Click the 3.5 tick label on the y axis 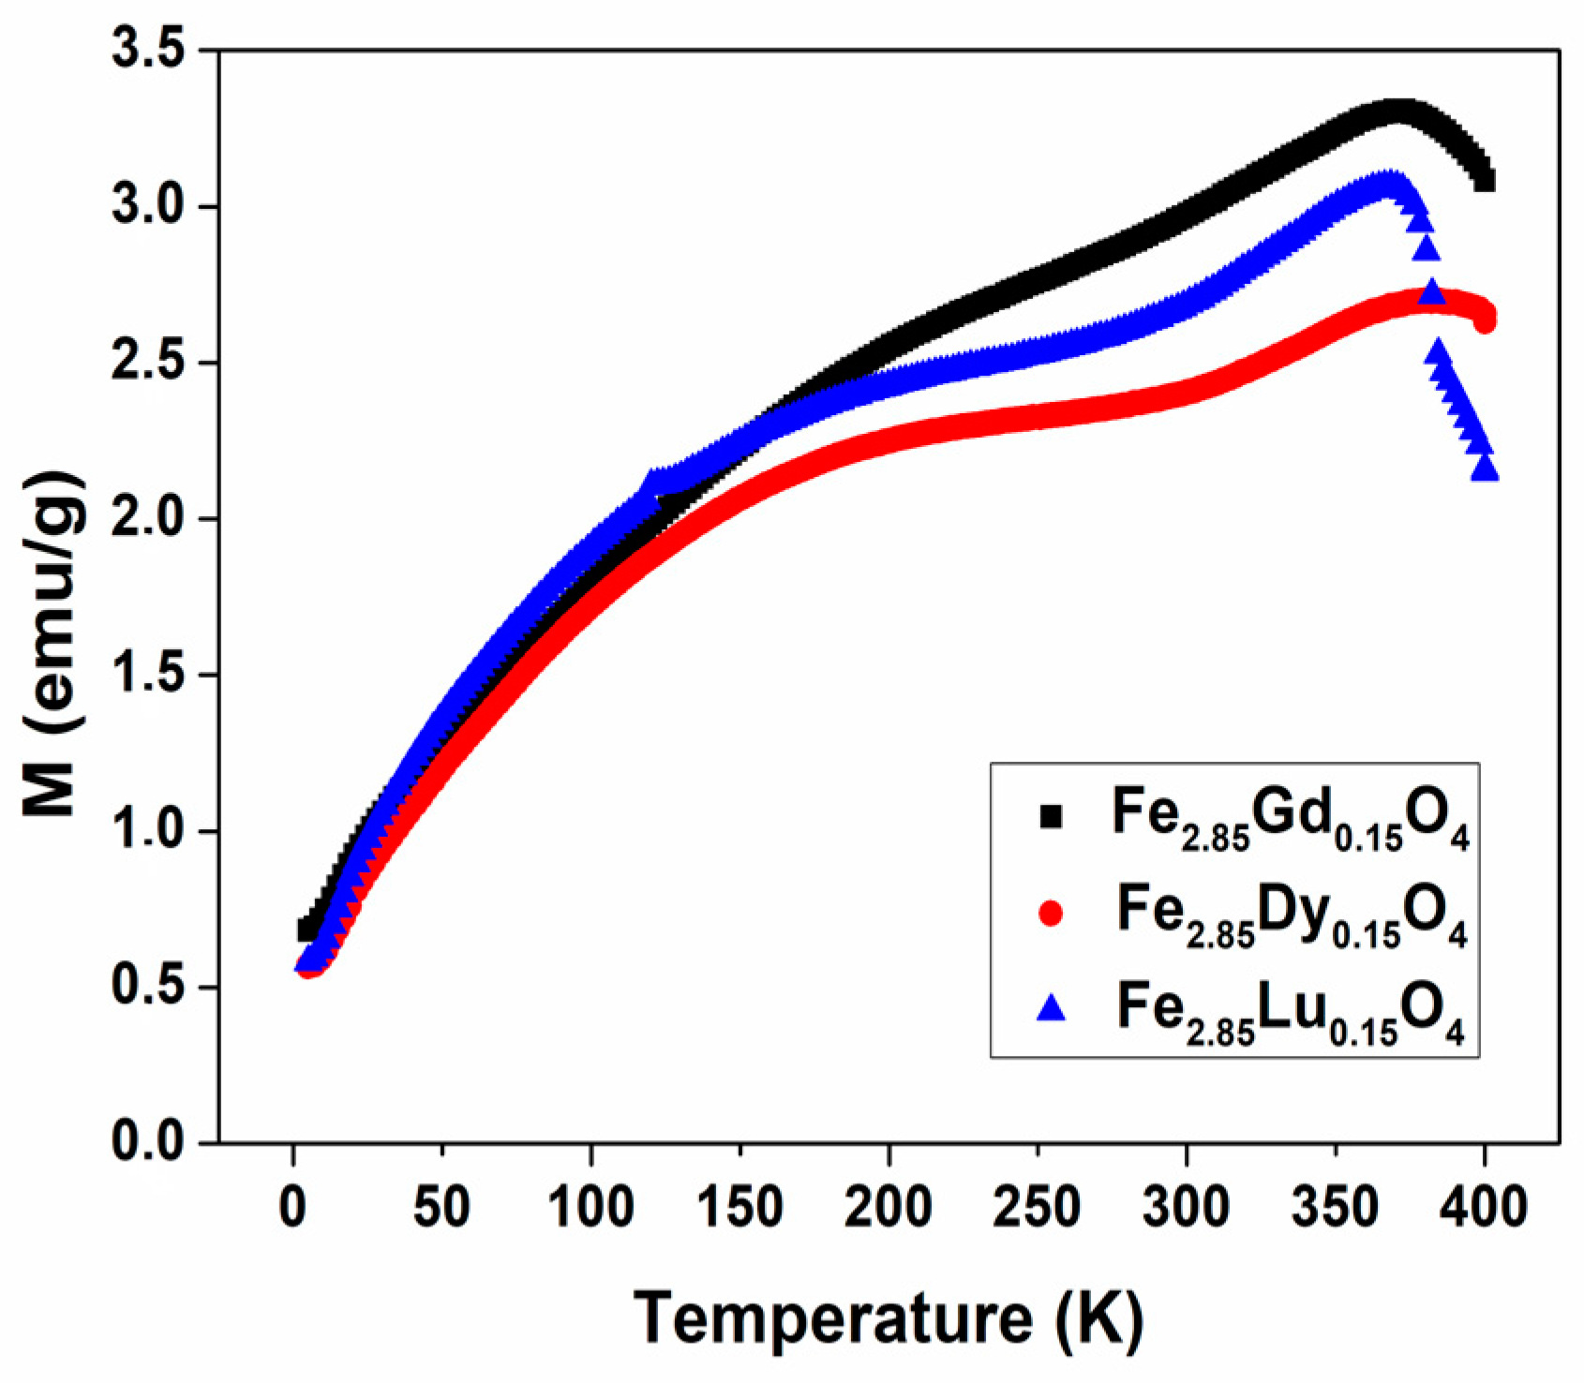click(147, 50)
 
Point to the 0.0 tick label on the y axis click(147, 1142)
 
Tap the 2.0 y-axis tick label click(147, 518)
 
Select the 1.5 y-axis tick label click(147, 675)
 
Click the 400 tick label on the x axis click(1484, 1207)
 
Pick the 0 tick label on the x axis click(293, 1207)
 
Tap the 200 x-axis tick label click(888, 1207)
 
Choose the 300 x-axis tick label click(1186, 1207)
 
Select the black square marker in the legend click(1051, 817)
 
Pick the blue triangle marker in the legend click(1051, 1008)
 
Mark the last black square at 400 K click(1485, 180)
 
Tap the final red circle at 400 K click(1485, 320)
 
